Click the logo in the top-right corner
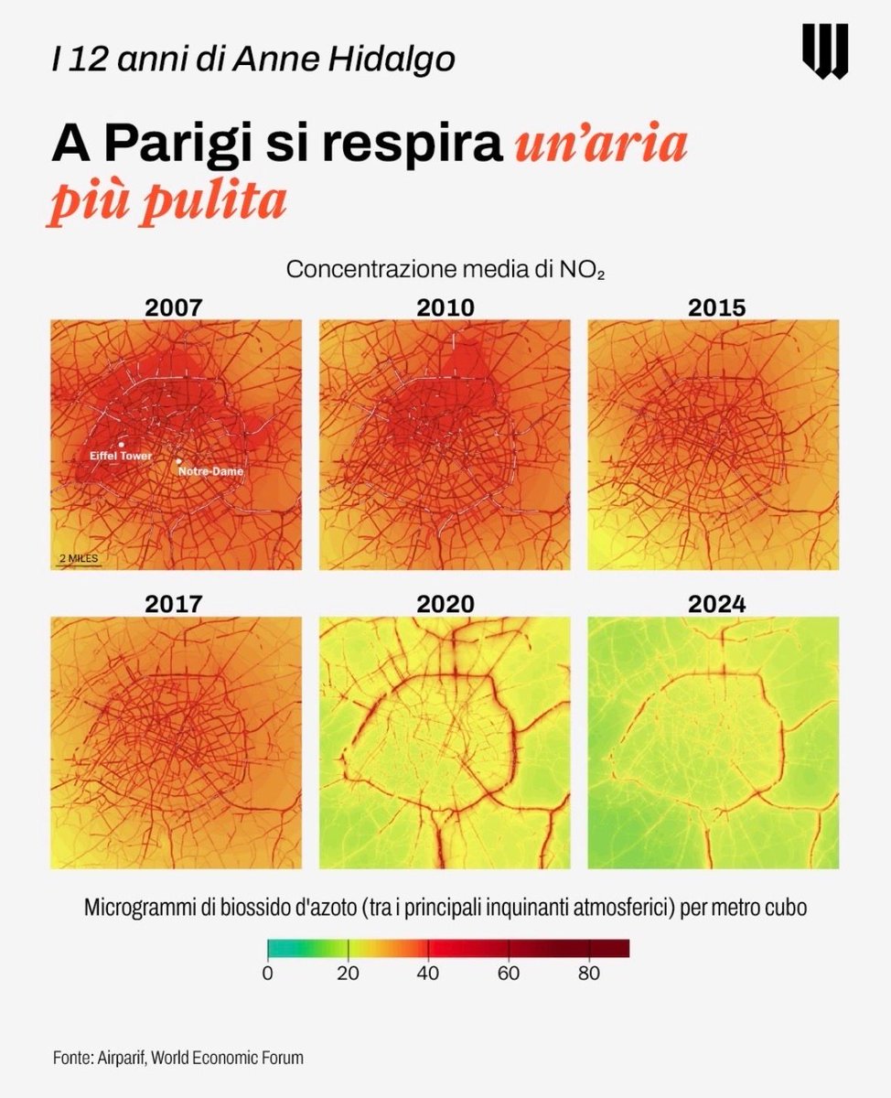pos(825,51)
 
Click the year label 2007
pos(175,307)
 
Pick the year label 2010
pos(445,307)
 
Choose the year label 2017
pos(175,604)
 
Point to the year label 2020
pos(445,604)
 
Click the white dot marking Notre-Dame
pos(179,461)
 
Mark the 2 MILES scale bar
pos(78,559)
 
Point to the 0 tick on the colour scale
pos(268,974)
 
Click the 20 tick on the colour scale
pos(348,974)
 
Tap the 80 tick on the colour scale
pos(589,974)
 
